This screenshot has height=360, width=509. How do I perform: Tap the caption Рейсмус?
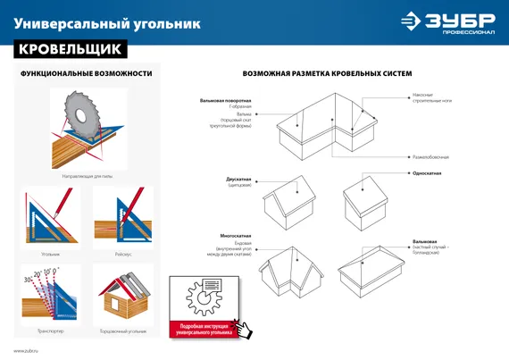point(123,254)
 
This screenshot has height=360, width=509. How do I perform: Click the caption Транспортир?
point(50,331)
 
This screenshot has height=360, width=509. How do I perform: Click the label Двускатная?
point(238,179)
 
